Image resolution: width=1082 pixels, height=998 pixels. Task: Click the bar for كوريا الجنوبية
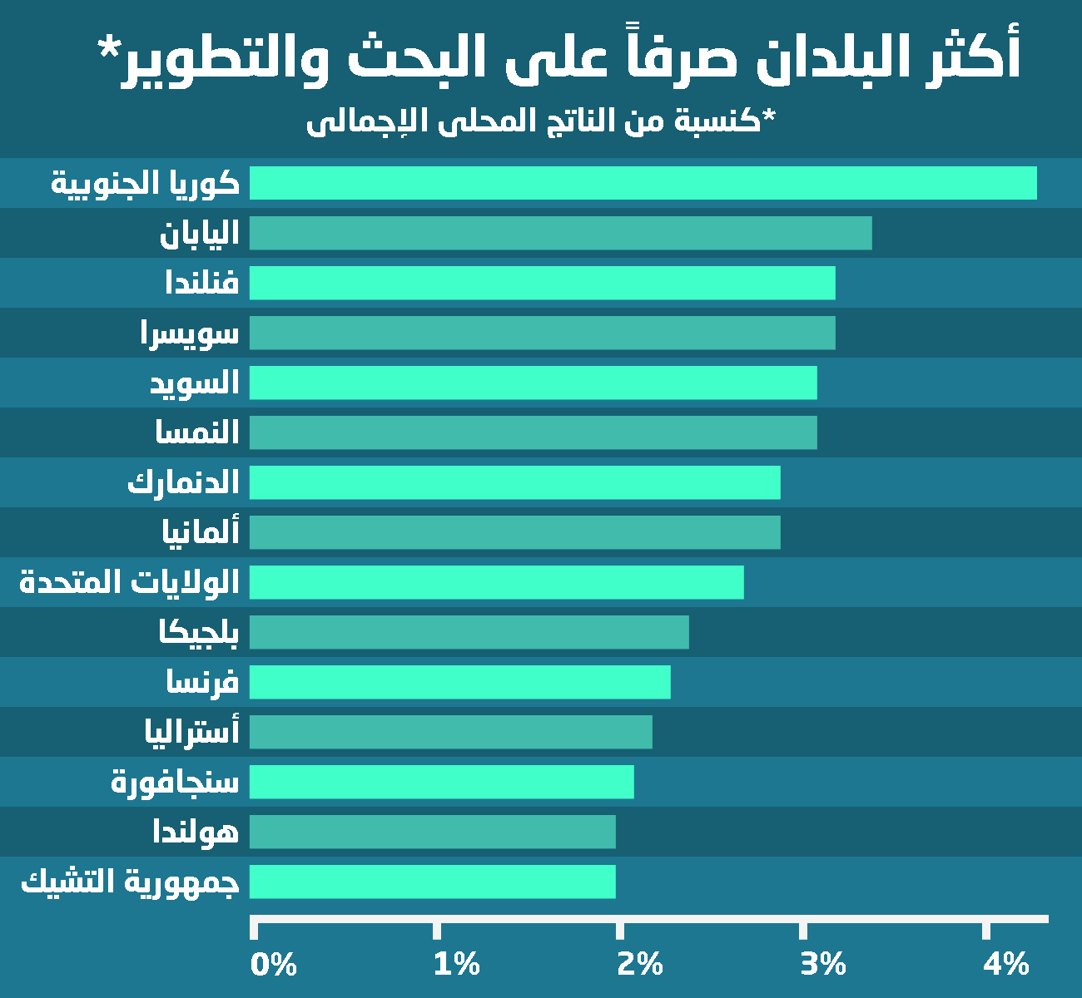643,183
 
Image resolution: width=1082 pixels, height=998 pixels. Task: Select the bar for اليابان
560,233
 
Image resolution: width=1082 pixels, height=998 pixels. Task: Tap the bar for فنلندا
542,283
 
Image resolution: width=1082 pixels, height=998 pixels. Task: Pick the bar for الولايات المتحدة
496,582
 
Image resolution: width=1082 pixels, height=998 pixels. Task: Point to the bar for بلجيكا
469,632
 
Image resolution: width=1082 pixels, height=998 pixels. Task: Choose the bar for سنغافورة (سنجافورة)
441,782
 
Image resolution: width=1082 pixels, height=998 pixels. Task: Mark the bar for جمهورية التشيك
432,882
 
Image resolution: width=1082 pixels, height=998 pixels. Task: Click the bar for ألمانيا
514,532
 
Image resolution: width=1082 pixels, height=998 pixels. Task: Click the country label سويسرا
190,333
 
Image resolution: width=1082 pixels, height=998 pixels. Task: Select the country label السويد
194,383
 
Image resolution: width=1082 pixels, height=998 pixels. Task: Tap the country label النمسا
197,432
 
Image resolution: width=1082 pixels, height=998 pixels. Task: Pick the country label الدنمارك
183,482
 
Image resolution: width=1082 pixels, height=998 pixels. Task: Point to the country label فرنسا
202,683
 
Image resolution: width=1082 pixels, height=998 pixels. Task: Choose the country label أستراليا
191,732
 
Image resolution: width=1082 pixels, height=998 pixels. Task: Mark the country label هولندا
196,832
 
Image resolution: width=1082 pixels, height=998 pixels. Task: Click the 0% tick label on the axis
274,964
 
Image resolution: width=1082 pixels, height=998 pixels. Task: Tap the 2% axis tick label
640,964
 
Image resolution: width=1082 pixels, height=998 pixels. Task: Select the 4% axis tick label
1006,964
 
